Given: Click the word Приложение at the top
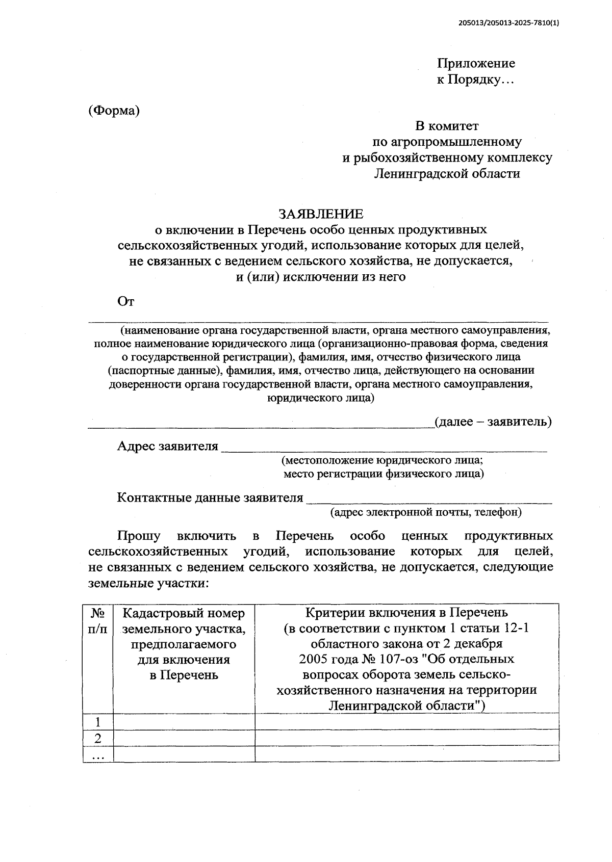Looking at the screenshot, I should click(476, 63).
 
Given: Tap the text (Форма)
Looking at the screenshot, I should click(113, 111).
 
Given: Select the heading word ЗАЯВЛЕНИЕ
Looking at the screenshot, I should click(320, 213).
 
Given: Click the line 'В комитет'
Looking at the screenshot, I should click(447, 125).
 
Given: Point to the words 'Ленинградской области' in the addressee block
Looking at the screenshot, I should click(447, 174).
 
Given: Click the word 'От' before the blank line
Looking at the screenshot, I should click(125, 302).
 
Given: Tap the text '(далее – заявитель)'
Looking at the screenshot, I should click(492, 422).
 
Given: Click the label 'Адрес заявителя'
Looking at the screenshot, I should click(167, 446).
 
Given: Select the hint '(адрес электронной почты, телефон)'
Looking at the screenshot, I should click(426, 512).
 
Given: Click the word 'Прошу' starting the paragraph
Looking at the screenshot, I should click(139, 536).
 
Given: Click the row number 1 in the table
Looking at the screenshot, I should click(98, 722).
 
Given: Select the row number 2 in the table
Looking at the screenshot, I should click(98, 738).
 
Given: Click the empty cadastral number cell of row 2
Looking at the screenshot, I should click(184, 738).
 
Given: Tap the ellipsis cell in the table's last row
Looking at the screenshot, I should click(98, 754).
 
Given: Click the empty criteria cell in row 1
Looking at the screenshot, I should click(406, 722).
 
